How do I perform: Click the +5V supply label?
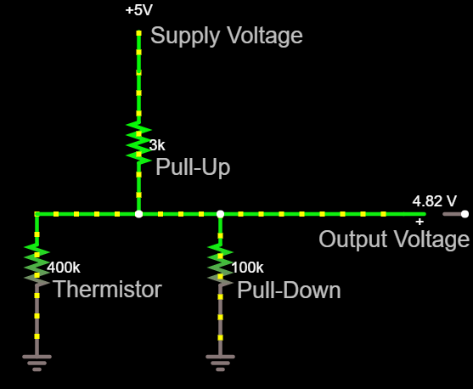coord(139,10)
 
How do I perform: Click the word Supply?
coord(185,37)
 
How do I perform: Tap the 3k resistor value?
coord(157,145)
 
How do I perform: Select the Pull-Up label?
coord(193,166)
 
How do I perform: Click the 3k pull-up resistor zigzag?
coord(138,143)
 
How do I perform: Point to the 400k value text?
coord(64,268)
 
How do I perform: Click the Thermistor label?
coord(108,289)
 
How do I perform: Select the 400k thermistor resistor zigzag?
coord(37,265)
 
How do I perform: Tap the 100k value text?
coord(248,268)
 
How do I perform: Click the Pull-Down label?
coord(289,290)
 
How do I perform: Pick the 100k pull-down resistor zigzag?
coord(220,265)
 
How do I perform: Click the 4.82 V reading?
coord(435,201)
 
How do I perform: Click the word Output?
coord(354,240)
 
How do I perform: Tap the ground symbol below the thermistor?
coord(37,363)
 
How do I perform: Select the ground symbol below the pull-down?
coord(220,363)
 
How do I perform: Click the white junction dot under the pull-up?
coord(138,214)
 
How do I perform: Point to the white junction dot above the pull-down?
coord(220,214)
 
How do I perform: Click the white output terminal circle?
coord(465,214)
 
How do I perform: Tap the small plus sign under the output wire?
coord(420,222)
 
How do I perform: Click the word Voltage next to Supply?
coord(265,37)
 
